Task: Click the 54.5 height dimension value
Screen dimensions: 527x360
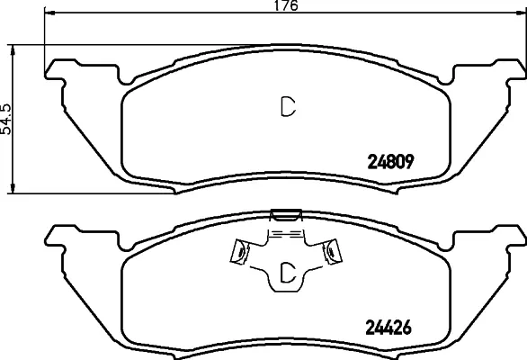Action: click(x=6, y=120)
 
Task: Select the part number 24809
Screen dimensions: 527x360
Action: click(x=390, y=162)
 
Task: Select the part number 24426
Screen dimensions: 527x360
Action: click(x=389, y=327)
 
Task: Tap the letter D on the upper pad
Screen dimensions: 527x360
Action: click(x=288, y=107)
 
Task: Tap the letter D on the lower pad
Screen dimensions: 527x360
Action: click(x=288, y=272)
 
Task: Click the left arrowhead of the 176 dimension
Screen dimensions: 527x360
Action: click(x=49, y=13)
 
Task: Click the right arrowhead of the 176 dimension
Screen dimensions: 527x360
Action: click(x=521, y=13)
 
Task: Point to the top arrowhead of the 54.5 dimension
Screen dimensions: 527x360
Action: click(x=13, y=50)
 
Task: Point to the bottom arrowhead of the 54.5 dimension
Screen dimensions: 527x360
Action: click(x=13, y=188)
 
